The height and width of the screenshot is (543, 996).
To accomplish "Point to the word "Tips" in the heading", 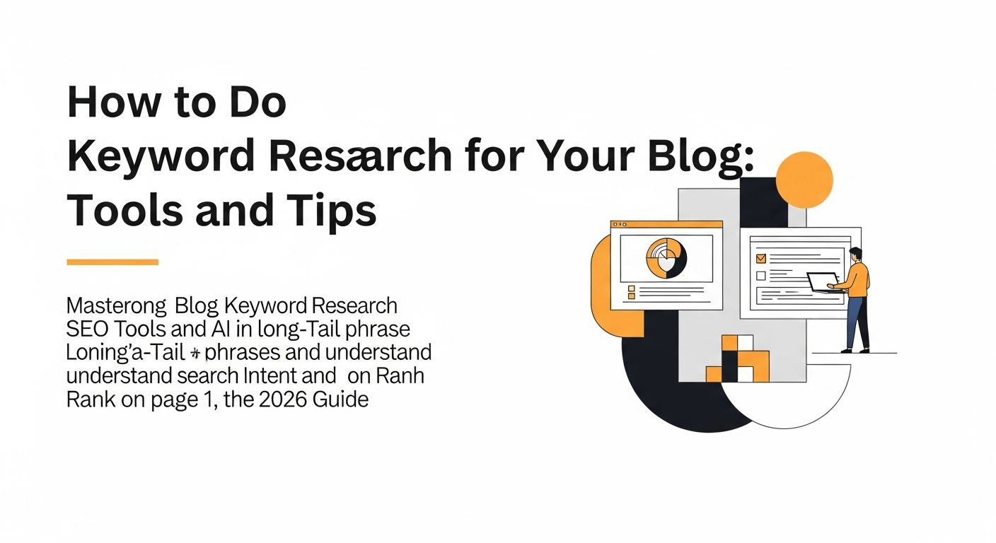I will point(335,210).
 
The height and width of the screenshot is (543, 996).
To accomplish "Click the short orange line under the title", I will point(112,262).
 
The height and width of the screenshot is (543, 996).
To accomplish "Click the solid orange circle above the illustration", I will point(804,180).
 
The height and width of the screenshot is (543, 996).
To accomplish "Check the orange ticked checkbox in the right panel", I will point(761,259).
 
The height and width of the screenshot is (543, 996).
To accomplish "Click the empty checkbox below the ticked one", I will point(761,276).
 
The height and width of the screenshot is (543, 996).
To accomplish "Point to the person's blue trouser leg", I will point(856,322).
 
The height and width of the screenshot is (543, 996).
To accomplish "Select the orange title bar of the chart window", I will point(666,224).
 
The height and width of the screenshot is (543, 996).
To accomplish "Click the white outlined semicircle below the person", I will point(785,403).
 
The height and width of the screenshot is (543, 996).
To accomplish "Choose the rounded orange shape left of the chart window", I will point(601,283).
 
